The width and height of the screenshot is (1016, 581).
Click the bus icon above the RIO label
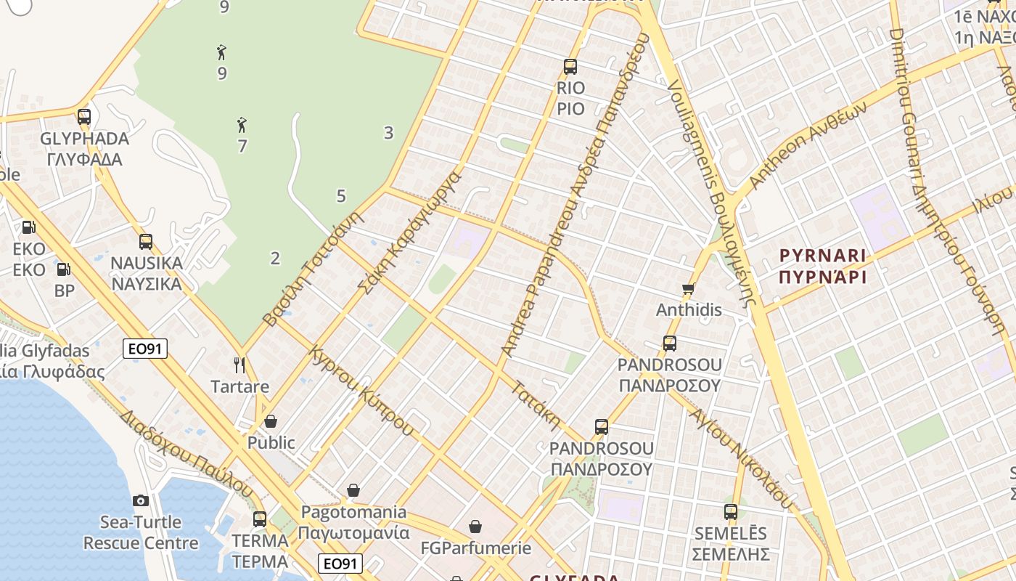coord(570,67)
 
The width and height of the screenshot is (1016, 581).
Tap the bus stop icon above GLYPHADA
coord(84,117)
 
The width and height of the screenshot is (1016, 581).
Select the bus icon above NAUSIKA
coord(146,242)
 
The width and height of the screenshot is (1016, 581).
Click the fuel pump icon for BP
coord(64,269)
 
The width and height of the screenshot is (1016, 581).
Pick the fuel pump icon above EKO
coord(28,227)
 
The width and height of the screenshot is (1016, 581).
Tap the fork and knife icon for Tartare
coord(240,365)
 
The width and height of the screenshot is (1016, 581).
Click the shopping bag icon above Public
coord(271,421)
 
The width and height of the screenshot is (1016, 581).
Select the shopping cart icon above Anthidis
coord(689,288)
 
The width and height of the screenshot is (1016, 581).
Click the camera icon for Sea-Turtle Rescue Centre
coord(141,500)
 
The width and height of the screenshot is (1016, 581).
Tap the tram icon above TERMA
coord(260,519)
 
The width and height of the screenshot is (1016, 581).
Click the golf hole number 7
coord(242,146)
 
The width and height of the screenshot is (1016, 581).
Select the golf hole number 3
coord(389,132)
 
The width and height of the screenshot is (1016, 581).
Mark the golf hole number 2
coord(275,258)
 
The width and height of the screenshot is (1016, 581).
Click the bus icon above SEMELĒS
coord(731,512)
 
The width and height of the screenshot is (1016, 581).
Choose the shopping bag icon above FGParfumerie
coord(475,527)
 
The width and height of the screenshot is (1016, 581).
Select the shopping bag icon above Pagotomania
coord(353,491)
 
